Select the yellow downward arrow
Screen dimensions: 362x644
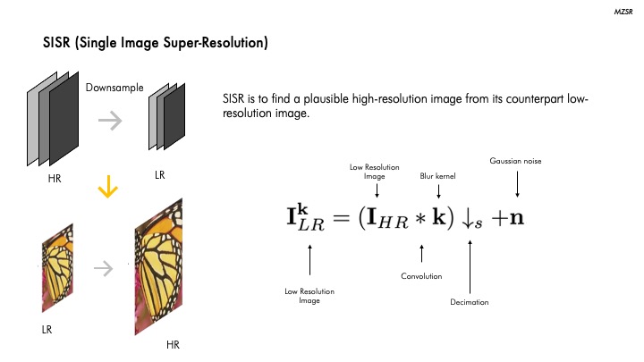click(108, 189)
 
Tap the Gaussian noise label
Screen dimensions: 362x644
click(516, 161)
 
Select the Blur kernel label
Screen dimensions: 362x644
click(438, 176)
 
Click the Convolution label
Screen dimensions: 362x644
click(421, 276)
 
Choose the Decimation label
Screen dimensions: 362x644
click(470, 302)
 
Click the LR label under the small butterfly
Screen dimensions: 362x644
click(47, 329)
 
